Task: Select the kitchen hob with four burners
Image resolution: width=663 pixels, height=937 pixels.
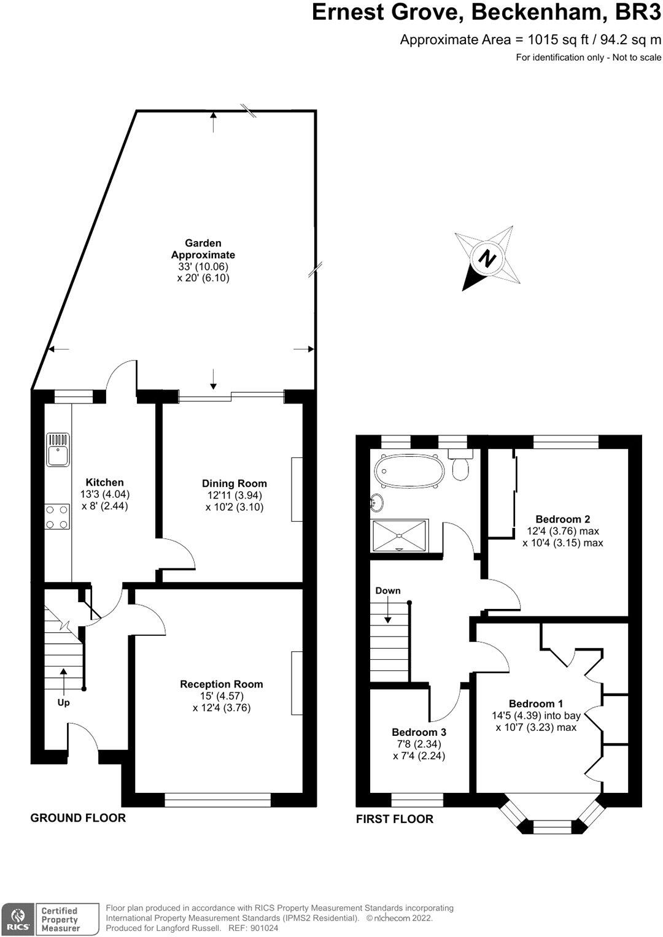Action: (57, 516)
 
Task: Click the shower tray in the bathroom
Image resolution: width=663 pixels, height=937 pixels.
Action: (400, 535)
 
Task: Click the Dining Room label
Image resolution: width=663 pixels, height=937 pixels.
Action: (235, 483)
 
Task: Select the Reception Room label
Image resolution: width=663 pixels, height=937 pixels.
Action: (221, 684)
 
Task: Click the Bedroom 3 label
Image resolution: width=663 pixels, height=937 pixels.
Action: (419, 732)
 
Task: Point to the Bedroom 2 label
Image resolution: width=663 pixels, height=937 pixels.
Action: (562, 519)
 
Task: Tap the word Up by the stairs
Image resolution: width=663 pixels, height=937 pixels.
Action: (63, 703)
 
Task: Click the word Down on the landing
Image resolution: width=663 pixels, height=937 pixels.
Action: (387, 591)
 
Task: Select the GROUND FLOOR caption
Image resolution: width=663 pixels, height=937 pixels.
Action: (78, 817)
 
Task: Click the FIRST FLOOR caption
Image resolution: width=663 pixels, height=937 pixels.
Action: (394, 819)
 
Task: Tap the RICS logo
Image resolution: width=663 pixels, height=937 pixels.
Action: (17, 919)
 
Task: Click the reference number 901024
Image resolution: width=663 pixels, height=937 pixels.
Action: (262, 928)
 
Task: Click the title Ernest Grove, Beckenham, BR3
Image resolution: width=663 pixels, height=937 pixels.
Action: (486, 12)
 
